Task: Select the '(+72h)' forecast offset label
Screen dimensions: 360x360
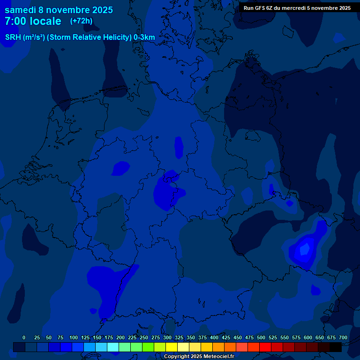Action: [81, 21]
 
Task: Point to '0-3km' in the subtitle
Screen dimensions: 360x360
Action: [144, 37]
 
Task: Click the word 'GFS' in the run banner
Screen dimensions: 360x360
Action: [262, 8]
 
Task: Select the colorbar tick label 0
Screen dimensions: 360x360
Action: [24, 337]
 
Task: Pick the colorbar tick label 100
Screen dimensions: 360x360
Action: [74, 337]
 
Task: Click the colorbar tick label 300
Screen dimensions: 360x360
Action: [167, 337]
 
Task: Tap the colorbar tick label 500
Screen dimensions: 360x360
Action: [261, 337]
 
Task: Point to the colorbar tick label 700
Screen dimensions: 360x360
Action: [343, 337]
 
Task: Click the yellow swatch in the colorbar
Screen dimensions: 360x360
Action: [172, 347]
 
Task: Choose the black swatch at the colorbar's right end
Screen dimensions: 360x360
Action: [336, 347]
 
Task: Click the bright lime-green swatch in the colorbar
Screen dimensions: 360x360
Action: [148, 347]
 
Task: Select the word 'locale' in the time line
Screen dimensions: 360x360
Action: [45, 21]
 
